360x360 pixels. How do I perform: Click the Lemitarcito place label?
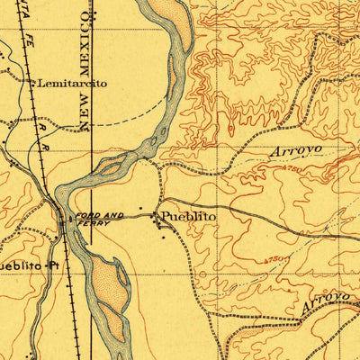[72, 83]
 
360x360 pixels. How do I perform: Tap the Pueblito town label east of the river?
[189, 218]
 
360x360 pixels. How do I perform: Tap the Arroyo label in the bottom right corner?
[326, 301]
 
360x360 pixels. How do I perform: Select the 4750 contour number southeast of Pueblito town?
[278, 260]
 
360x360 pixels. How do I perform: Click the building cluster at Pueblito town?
[161, 224]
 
